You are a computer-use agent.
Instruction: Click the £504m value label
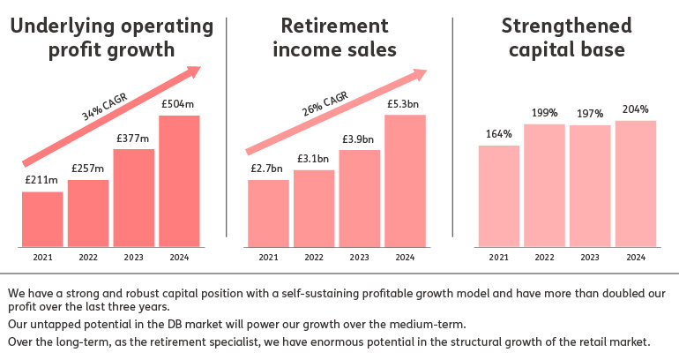178,104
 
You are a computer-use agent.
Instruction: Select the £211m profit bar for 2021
42,219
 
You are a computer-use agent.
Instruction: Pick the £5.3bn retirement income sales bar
405,180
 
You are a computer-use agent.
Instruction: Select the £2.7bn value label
268,168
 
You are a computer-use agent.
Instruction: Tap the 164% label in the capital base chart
498,134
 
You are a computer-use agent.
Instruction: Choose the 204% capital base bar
634,183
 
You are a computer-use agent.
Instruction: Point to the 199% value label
543,113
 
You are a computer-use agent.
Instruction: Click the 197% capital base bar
589,185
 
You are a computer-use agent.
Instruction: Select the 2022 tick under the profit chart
87,258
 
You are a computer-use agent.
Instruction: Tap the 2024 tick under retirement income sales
405,258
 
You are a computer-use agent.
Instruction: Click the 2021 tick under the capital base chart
498,258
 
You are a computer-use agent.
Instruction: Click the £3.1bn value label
313,158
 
